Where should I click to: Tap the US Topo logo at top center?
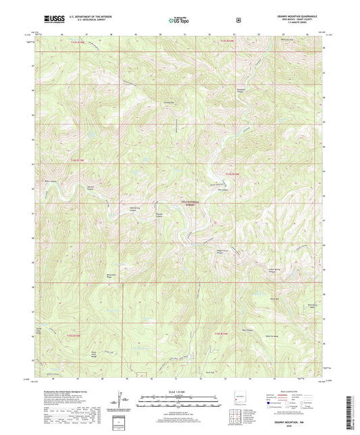[x=179, y=20]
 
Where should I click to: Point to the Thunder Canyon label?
[x=161, y=216]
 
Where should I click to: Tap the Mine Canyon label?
[x=249, y=330]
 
